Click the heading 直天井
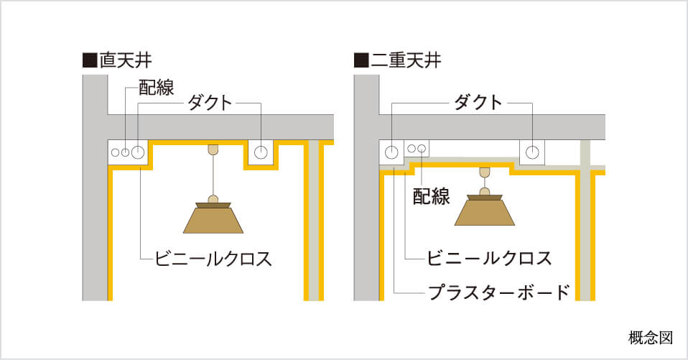126,60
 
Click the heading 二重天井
406,60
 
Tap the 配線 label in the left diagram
157,88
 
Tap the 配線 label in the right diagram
432,195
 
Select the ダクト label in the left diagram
210,103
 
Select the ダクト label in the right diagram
478,103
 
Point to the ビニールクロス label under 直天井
213,258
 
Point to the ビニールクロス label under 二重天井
489,258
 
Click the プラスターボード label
499,292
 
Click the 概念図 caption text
651,338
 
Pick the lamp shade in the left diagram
213,218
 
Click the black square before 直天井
90,60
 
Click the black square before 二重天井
361,60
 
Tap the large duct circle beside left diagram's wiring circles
138,152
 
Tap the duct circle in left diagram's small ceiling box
261,152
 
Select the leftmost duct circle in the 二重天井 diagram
391,152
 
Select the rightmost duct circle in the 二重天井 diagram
532,152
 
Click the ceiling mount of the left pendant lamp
213,149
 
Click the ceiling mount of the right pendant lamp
485,172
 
